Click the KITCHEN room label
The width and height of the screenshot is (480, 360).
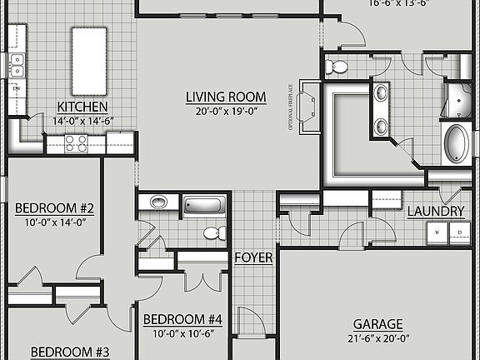[82, 106]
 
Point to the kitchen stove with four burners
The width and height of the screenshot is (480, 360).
[76, 143]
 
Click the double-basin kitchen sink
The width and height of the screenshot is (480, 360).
[17, 64]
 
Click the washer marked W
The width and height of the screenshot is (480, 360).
[437, 232]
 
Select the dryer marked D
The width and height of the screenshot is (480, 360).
[457, 232]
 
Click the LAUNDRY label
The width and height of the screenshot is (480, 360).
[435, 212]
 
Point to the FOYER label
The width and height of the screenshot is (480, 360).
[253, 257]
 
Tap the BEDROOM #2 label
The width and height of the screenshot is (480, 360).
[54, 208]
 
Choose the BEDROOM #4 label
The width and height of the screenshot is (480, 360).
[182, 319]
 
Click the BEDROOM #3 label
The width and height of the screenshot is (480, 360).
[70, 352]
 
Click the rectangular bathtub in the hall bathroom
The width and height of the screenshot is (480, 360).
[204, 204]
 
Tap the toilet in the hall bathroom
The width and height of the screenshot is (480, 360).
[213, 232]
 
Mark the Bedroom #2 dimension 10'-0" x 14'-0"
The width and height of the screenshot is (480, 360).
[54, 222]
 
